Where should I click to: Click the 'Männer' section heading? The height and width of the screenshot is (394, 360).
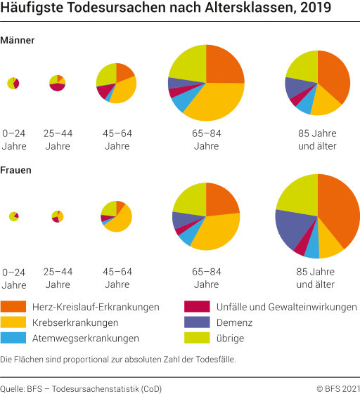(x=18, y=41)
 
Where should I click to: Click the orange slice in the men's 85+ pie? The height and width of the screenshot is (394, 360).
(x=333, y=76)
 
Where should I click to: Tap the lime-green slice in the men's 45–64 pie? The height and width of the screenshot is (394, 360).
(x=106, y=73)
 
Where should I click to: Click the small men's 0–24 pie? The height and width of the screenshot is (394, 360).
(x=13, y=83)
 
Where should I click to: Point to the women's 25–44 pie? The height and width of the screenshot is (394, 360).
(x=58, y=216)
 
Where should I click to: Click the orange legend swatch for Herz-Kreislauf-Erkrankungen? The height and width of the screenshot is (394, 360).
(x=13, y=307)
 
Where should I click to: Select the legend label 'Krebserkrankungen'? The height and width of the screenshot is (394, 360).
(x=75, y=323)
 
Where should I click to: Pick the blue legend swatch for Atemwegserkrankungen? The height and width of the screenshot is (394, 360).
(x=13, y=339)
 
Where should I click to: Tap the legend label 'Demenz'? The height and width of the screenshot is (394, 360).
(x=236, y=323)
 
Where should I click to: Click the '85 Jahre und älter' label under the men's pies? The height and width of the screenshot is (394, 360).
(x=317, y=140)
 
